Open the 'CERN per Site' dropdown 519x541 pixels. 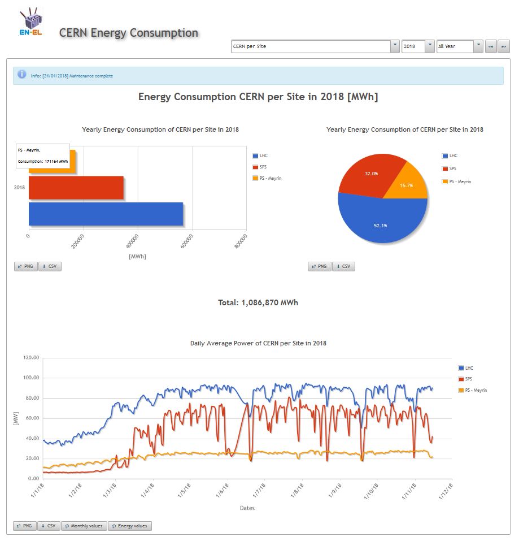pos(315,46)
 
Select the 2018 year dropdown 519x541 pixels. pos(418,46)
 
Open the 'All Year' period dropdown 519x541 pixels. pos(460,46)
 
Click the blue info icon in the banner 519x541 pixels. pos(22,75)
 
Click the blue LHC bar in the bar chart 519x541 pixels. pos(106,214)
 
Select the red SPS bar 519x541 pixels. pos(76,188)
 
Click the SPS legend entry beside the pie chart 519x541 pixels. pos(452,168)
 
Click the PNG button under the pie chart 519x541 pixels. pos(319,266)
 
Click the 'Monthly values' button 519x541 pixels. pos(84,526)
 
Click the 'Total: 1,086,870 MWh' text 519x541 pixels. pos(258,302)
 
